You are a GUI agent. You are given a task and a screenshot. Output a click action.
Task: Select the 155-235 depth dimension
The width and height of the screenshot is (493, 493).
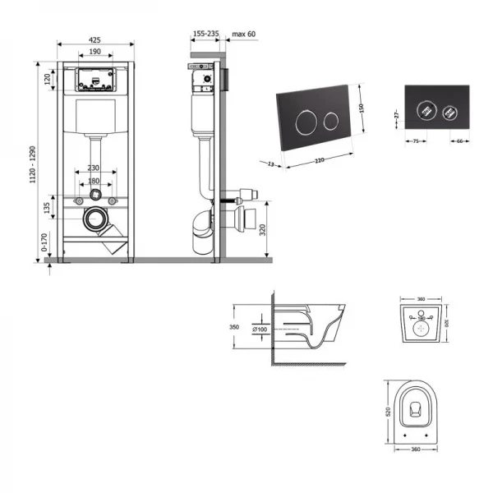(x=205, y=34)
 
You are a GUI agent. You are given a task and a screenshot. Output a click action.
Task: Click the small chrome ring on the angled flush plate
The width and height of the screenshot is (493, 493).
(x=332, y=121)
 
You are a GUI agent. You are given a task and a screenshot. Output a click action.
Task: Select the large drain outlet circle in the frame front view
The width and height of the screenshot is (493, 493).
(x=97, y=219)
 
